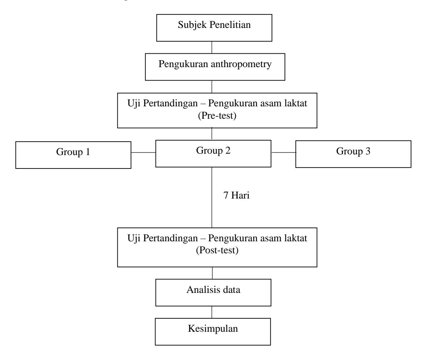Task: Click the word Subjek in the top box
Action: pos(192,25)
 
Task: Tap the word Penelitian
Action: pos(230,24)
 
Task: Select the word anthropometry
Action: pos(241,64)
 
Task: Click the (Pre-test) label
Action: pos(217,116)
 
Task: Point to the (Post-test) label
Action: pos(217,250)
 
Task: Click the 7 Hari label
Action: pos(236,195)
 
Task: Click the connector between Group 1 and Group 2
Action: pos(144,152)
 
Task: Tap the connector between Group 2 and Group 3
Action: pos(283,152)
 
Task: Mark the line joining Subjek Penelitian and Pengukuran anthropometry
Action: pos(212,47)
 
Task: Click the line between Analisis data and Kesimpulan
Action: pos(212,312)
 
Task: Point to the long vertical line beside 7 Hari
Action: pos(212,197)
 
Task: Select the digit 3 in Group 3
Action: pos(368,151)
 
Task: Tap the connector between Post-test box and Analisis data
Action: pos(212,273)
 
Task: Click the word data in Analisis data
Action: pos(232,290)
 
